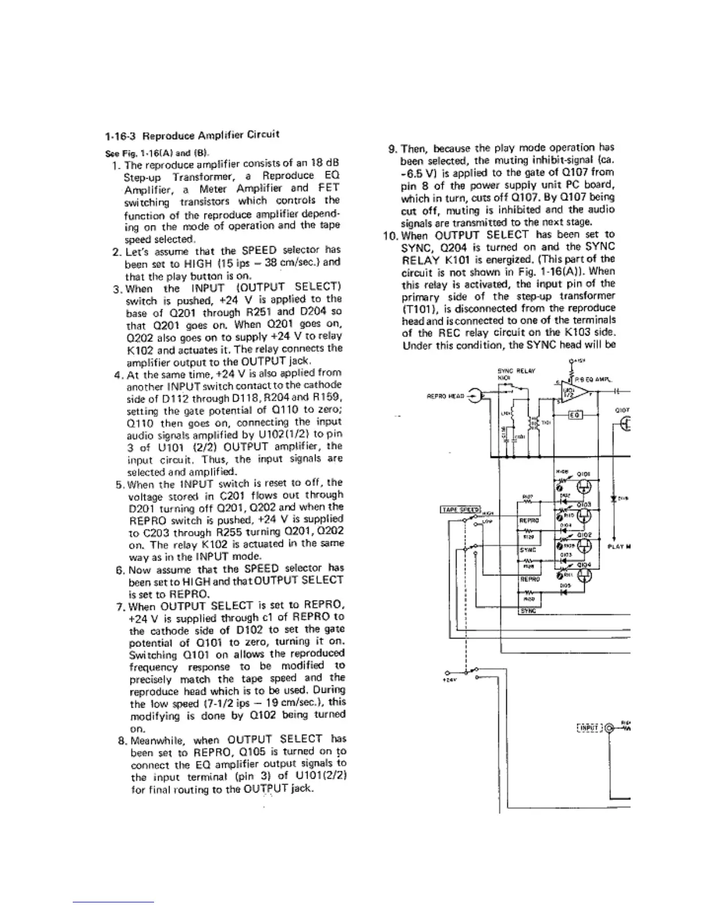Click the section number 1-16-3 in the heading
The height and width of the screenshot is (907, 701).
[121, 137]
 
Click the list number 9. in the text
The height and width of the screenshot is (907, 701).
[393, 149]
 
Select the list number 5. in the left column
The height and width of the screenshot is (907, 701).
[120, 484]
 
